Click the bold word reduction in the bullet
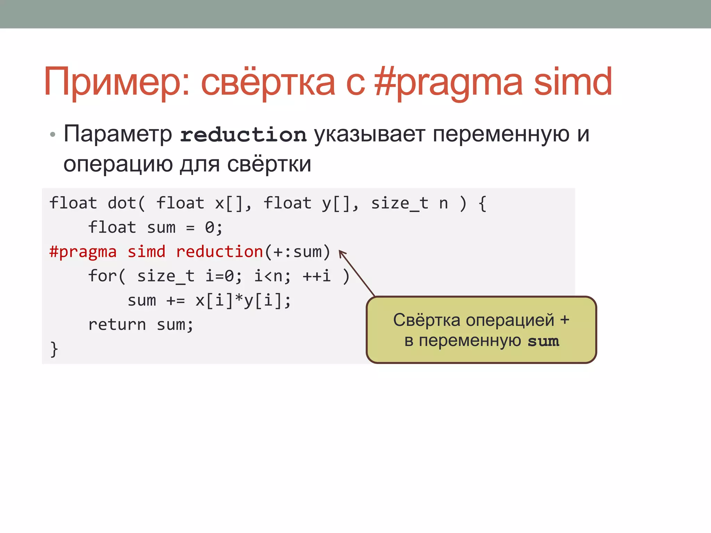click(243, 135)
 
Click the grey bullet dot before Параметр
click(52, 134)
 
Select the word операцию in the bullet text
click(118, 164)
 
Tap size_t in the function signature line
click(399, 203)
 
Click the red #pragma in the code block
click(83, 252)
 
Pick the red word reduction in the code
click(219, 252)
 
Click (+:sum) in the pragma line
click(298, 252)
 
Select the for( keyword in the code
click(107, 276)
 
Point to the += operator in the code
click(176, 301)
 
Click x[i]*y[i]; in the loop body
click(243, 301)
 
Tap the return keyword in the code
click(117, 325)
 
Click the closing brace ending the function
click(54, 349)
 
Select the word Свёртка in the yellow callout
click(427, 320)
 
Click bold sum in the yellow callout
click(543, 341)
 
